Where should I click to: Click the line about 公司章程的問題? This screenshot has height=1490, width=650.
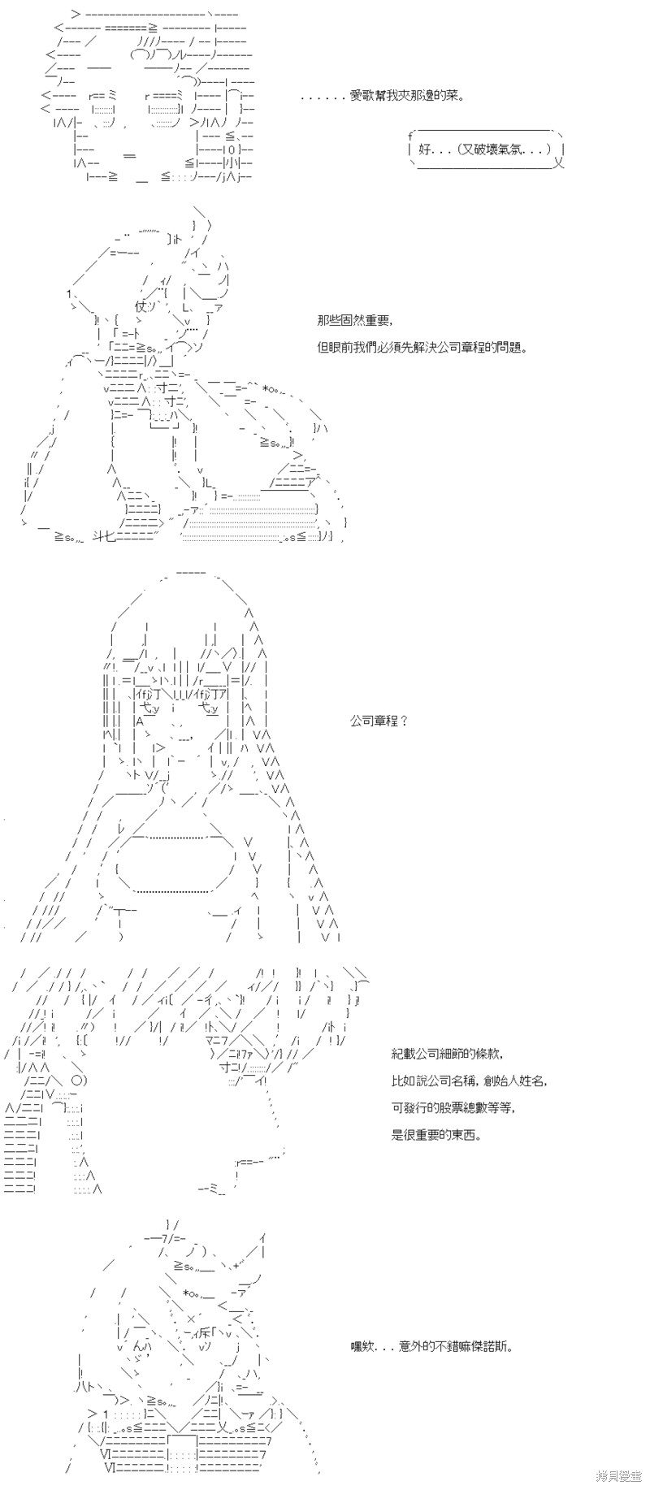(x=422, y=347)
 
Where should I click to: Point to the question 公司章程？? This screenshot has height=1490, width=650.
(x=379, y=721)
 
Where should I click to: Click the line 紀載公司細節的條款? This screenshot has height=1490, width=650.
(x=446, y=1054)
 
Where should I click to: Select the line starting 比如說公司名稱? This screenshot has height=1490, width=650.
(x=469, y=1081)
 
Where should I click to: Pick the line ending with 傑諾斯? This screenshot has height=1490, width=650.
(x=431, y=1347)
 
